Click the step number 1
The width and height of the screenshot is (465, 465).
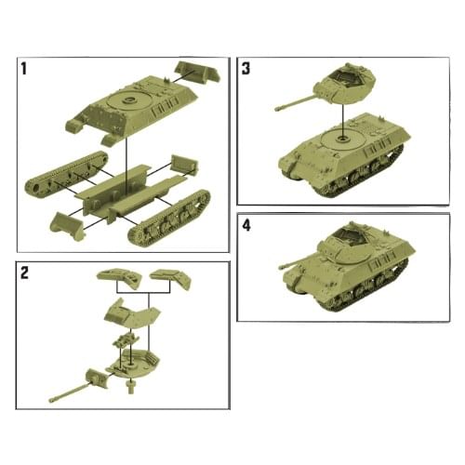pos(24,69)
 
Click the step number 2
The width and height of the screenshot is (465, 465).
pos(24,273)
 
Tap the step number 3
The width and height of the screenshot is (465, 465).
pos(246,69)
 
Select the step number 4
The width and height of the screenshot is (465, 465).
pos(246,226)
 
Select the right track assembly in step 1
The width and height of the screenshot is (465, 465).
pos(169,218)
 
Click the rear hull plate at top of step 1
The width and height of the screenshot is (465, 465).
pos(199,73)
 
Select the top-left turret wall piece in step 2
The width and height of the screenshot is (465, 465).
pos(120,277)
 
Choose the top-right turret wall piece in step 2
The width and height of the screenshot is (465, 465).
pos(171,277)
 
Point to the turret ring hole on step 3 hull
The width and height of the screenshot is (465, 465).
pos(343,139)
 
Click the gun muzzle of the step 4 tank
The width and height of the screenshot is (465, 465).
pos(282,267)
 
